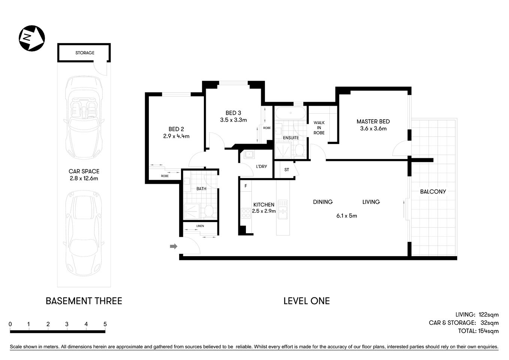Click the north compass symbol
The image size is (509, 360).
[32, 38]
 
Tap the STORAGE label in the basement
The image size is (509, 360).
[85, 53]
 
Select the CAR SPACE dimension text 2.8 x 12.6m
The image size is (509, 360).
[84, 178]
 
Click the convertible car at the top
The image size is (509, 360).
[84, 118]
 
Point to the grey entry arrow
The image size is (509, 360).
[174, 246]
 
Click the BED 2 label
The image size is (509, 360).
[176, 129]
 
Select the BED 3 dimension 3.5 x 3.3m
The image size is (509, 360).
[234, 120]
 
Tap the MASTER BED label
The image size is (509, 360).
[373, 121]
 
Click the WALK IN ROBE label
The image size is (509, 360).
[319, 127]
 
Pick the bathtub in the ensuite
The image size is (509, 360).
[290, 113]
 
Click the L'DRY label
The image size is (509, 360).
[261, 166]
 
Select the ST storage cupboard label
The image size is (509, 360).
[287, 170]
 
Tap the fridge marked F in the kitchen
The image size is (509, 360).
[246, 186]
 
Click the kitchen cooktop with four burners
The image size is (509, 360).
[246, 213]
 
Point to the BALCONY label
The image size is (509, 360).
[433, 192]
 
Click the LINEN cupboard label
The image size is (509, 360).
[200, 226]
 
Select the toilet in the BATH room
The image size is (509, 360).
[209, 211]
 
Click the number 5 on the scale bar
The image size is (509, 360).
[105, 324]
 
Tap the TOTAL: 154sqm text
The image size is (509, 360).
[478, 331]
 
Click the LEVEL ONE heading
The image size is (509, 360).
[306, 301]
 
